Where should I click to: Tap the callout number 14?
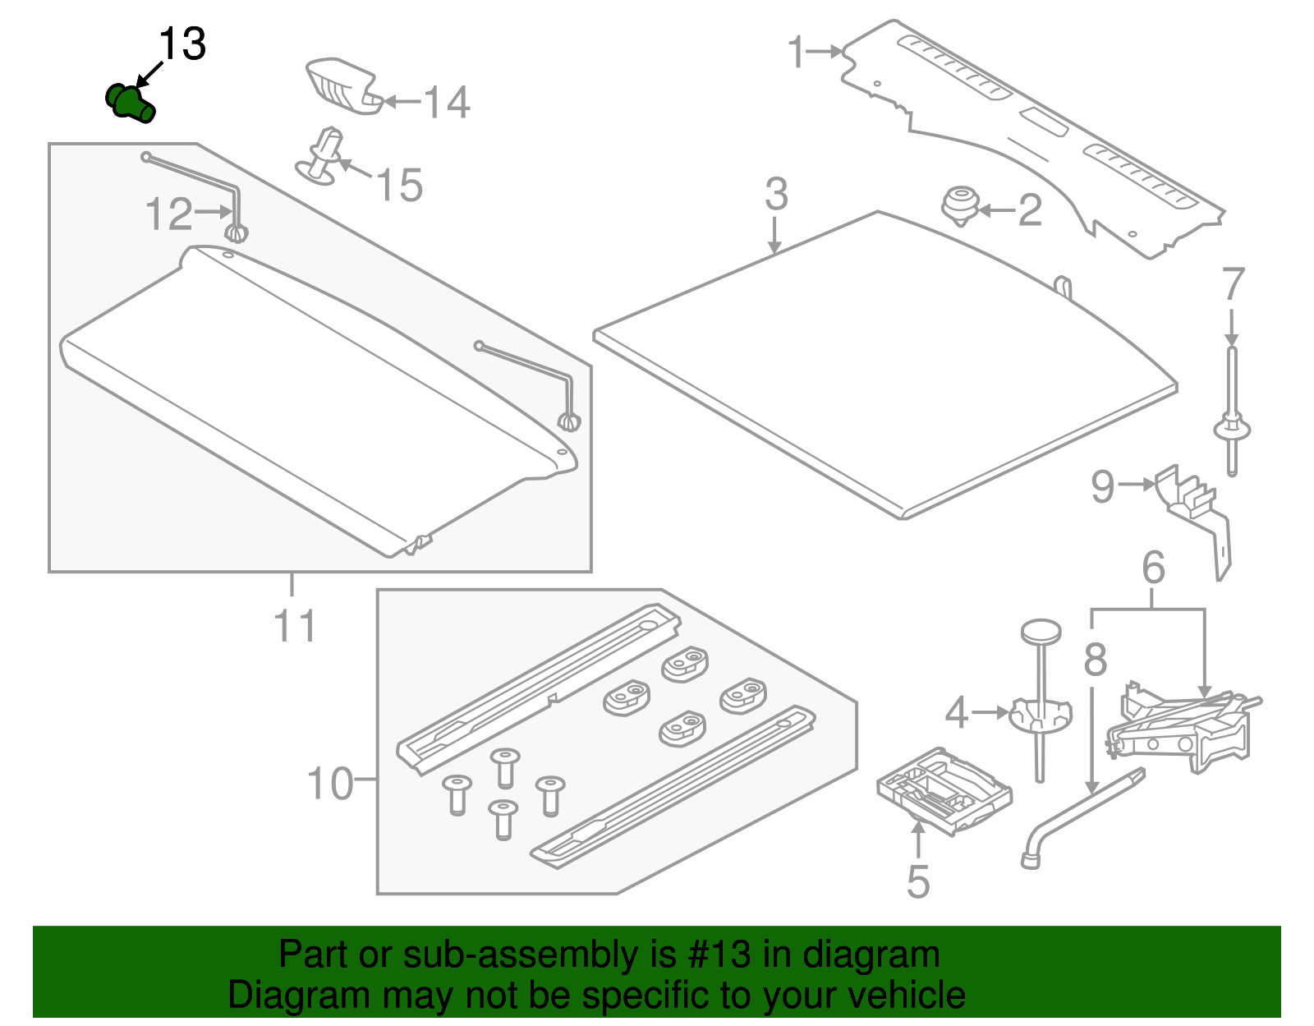click(447, 103)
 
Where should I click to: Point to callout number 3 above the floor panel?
click(776, 195)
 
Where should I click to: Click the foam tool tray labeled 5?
click(944, 790)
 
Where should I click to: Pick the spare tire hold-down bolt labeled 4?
click(1040, 706)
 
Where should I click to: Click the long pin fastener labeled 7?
click(1231, 411)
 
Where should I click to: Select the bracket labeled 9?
click(1195, 513)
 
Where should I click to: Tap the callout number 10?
click(330, 784)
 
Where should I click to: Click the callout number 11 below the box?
click(294, 627)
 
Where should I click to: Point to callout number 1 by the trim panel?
click(796, 52)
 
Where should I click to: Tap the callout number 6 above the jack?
click(1153, 568)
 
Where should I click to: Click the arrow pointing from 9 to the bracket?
click(1138, 485)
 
